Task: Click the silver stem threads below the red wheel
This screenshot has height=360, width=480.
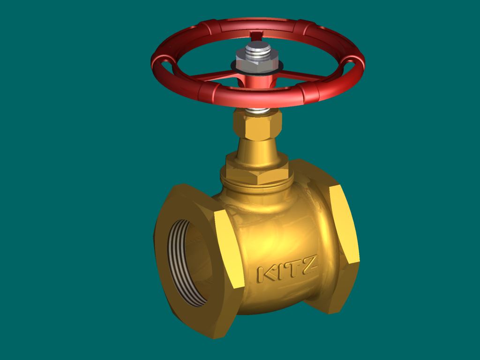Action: [258, 110]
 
